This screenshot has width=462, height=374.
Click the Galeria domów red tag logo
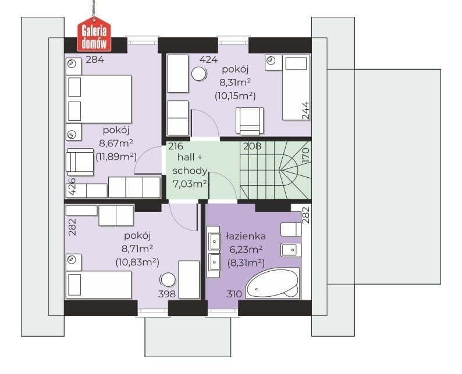coord(94,34)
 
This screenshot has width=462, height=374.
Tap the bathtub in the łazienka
coord(272,283)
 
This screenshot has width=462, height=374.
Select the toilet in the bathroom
coord(290,229)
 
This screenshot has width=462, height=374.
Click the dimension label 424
coord(209,60)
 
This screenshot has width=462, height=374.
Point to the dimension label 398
coord(167,294)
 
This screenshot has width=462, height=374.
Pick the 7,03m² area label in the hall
coord(190,184)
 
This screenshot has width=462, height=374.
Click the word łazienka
coord(246,236)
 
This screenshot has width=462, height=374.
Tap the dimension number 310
coord(234,294)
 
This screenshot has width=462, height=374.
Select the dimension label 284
coord(95,60)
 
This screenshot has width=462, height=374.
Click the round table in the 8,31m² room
coord(199,74)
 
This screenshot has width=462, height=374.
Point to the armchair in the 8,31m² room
coord(250,121)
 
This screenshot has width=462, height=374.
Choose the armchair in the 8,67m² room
coord(80,162)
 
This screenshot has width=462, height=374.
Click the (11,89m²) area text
coord(116,157)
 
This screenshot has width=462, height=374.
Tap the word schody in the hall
coord(190,171)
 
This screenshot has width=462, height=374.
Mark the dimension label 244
coord(306,110)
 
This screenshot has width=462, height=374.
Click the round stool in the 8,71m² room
coord(168,280)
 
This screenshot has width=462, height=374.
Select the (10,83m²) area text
coord(137,262)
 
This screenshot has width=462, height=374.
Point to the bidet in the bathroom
coord(291,250)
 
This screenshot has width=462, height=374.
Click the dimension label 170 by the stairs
coord(306,156)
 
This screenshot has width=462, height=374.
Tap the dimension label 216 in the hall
coord(176,146)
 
